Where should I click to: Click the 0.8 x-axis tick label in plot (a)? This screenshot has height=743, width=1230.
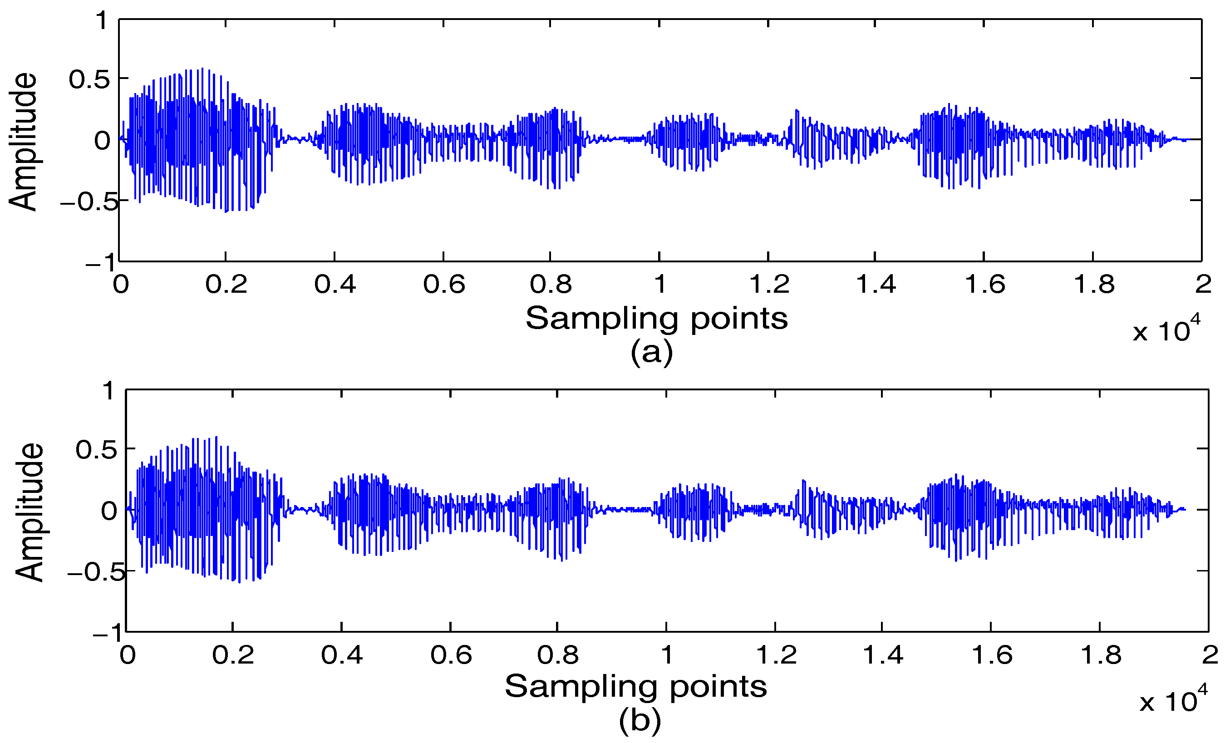(550, 285)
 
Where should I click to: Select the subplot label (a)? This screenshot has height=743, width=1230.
(651, 353)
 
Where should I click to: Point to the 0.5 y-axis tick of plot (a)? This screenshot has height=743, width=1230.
(89, 79)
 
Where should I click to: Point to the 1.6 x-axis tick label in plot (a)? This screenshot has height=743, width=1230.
(984, 285)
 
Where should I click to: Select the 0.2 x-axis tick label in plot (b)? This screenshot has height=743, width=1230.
(233, 655)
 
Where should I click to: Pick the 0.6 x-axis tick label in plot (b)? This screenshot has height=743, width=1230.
(451, 655)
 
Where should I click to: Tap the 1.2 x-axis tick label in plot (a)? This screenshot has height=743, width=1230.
(769, 285)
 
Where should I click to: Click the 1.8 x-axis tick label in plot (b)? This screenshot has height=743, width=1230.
(1100, 655)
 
